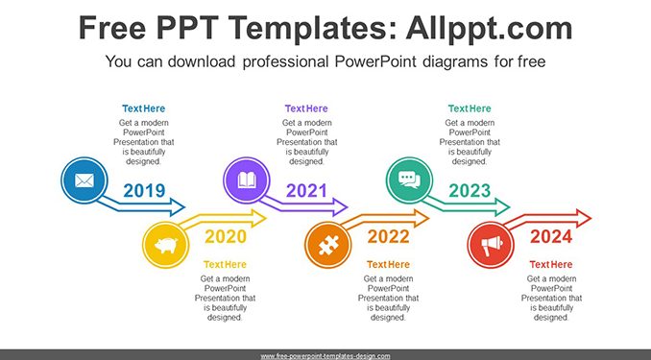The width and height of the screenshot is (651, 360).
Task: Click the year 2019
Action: pyautogui.click(x=144, y=191)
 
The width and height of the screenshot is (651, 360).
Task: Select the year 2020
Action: pyautogui.click(x=226, y=237)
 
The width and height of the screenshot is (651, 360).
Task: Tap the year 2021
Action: pyautogui.click(x=307, y=191)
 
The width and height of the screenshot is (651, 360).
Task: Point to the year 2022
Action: pyautogui.click(x=388, y=237)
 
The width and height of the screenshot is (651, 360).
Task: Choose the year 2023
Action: pyautogui.click(x=470, y=191)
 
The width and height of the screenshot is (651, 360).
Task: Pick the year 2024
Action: pyautogui.click(x=551, y=237)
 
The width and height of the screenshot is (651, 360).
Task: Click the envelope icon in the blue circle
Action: pyautogui.click(x=84, y=180)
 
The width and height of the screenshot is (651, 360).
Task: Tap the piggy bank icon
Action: pyautogui.click(x=166, y=245)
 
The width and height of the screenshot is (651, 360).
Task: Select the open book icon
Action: pyautogui.click(x=247, y=180)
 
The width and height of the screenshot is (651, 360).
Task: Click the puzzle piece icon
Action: pyautogui.click(x=328, y=245)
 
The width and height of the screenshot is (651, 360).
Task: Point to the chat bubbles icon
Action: pyautogui.click(x=409, y=180)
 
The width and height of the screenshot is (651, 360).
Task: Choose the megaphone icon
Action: pyautogui.click(x=492, y=246)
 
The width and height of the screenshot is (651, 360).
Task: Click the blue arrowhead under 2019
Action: pyautogui.click(x=178, y=207)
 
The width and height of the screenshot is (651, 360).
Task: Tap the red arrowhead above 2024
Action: pyautogui.click(x=584, y=219)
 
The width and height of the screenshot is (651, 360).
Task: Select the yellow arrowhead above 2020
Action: pyautogui.click(x=258, y=219)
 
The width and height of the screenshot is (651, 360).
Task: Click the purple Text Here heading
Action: pyautogui.click(x=306, y=108)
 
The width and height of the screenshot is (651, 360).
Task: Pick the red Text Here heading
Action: pyautogui.click(x=551, y=265)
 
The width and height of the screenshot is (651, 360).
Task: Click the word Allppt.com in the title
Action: pyautogui.click(x=489, y=28)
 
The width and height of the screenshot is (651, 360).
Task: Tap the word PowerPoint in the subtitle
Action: pyautogui.click(x=375, y=61)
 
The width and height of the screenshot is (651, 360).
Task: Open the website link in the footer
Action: pyautogui.click(x=325, y=356)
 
